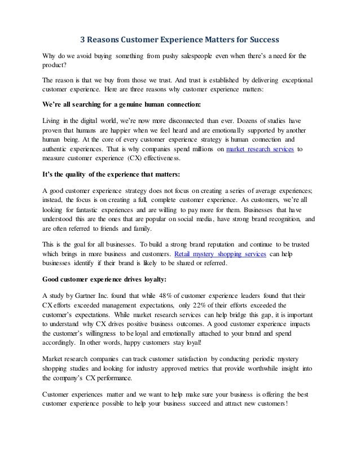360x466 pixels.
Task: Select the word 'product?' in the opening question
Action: [x=56, y=66]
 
